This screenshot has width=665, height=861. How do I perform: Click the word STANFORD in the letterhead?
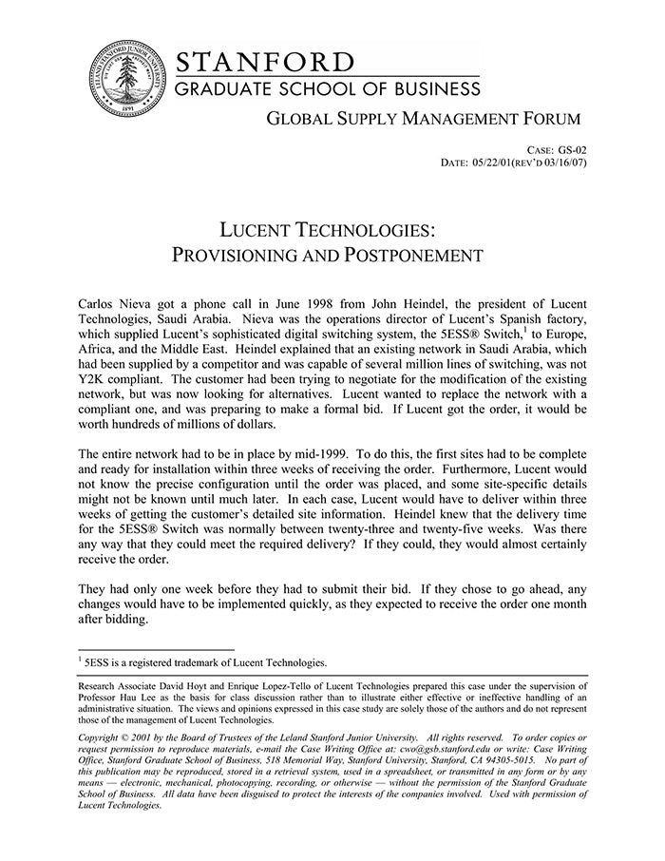(265, 63)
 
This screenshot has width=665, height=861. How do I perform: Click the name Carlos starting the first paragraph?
(98, 301)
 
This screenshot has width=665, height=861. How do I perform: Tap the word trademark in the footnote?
(200, 662)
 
